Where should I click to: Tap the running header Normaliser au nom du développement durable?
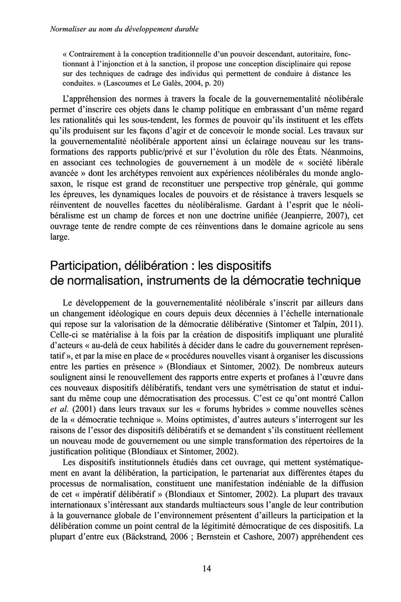pos(125,30)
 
